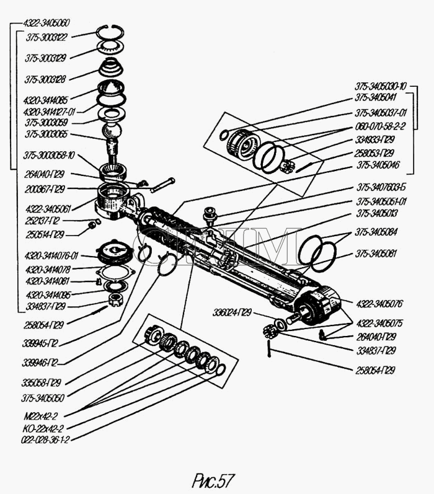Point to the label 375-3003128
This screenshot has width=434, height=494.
coord(46,79)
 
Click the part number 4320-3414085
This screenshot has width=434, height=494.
coord(45,99)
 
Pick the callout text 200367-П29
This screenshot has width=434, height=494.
coord(44,188)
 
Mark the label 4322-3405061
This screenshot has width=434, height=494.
coord(47,209)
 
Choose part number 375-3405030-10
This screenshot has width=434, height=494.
coord(380,86)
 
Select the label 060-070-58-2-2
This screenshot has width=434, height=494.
coord(380,126)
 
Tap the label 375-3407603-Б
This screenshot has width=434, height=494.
coord(381,187)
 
